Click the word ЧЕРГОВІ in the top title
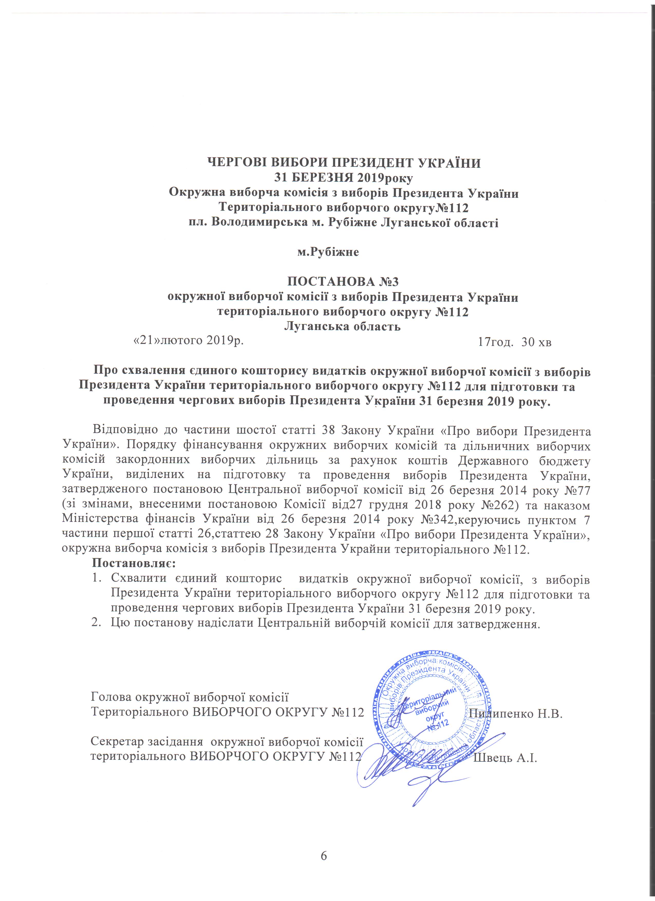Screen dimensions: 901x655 click(x=233, y=163)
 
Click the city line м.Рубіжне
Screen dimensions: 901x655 click(x=328, y=252)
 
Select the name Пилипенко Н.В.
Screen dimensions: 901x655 click(x=516, y=714)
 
